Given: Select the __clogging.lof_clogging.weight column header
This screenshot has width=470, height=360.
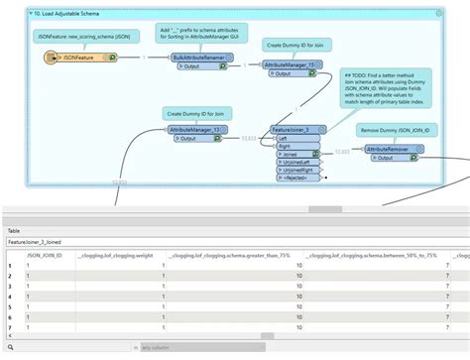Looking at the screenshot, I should tap(116, 255).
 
